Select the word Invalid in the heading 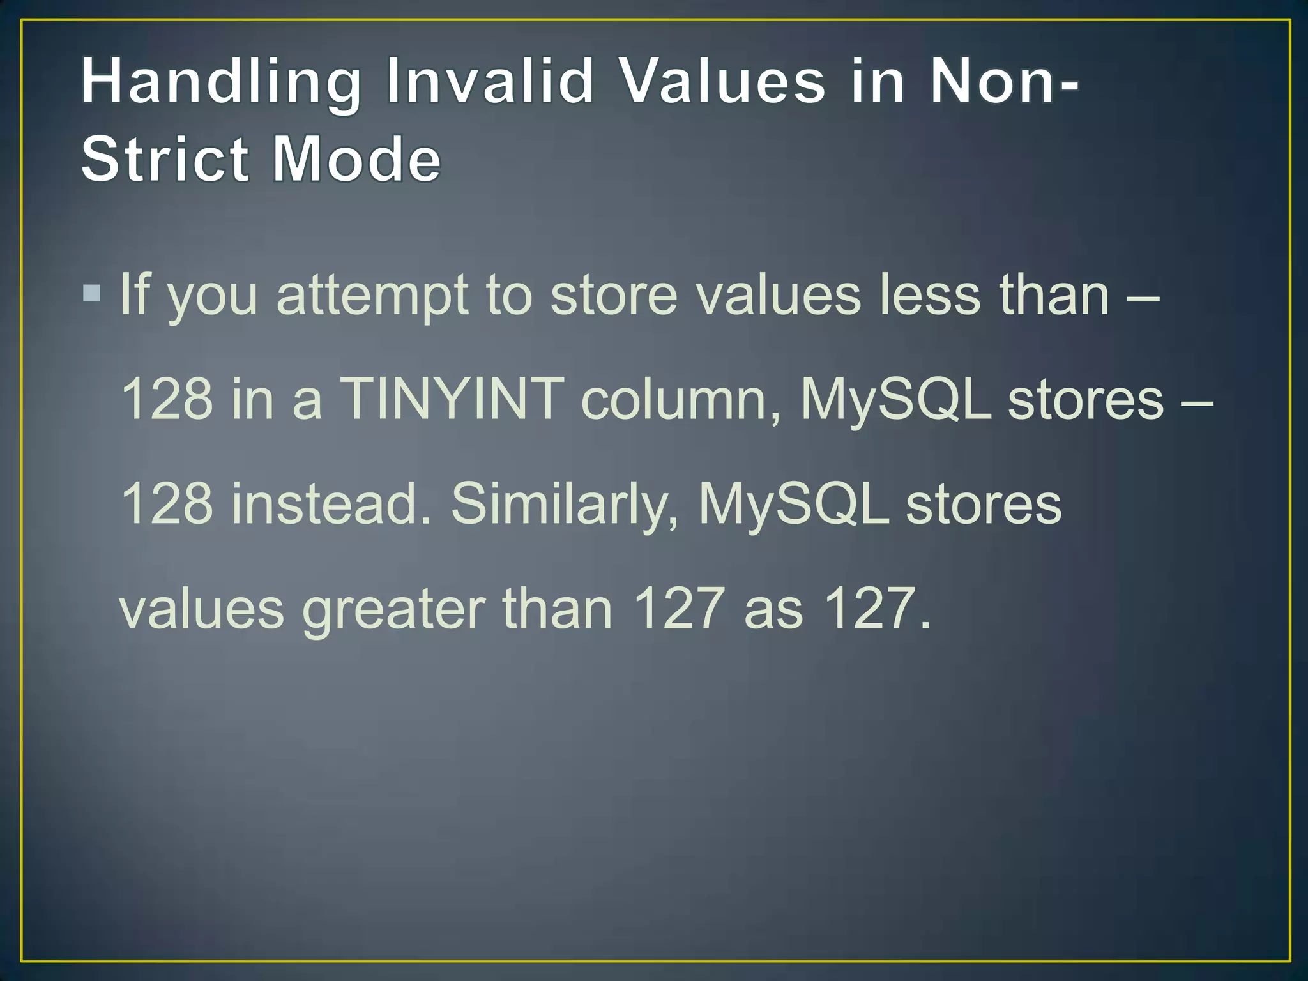click(490, 82)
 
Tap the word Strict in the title click(165, 159)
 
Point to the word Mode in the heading click(356, 159)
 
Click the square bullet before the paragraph click(92, 293)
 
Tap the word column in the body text click(681, 400)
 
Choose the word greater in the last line click(393, 609)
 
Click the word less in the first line click(930, 295)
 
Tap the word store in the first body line click(614, 295)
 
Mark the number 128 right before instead click(167, 503)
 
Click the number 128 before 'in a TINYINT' click(167, 399)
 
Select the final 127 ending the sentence click(871, 608)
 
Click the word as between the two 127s click(773, 609)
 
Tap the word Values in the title click(723, 82)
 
